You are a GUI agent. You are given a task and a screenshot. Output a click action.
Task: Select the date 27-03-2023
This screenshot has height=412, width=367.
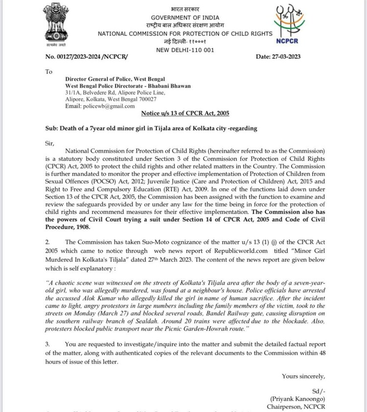pyautogui.click(x=289, y=57)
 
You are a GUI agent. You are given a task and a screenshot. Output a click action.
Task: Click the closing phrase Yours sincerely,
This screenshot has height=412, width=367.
pyautogui.click(x=303, y=376)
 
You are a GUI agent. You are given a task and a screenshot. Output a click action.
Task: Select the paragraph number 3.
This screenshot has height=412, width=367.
pyautogui.click(x=47, y=344)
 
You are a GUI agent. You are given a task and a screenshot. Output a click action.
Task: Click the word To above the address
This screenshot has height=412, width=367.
pyautogui.click(x=48, y=72)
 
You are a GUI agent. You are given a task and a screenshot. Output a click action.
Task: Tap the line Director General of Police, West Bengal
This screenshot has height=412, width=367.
pyautogui.click(x=115, y=79)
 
